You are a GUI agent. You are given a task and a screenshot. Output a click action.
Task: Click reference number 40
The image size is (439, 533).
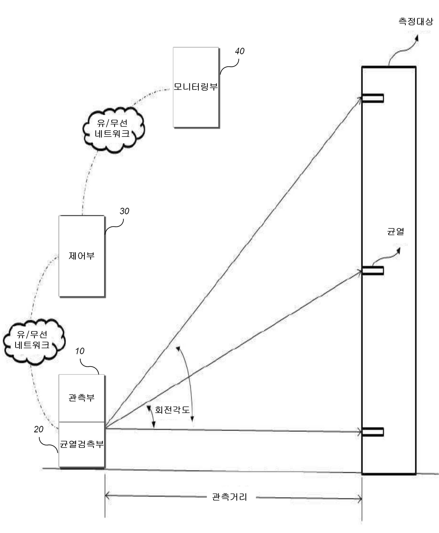click(239, 51)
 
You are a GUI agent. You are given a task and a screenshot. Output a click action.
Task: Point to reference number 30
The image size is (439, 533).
click(124, 211)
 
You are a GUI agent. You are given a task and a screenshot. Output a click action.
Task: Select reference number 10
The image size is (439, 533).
click(80, 351)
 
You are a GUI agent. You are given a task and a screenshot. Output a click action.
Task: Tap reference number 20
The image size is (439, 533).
click(39, 429)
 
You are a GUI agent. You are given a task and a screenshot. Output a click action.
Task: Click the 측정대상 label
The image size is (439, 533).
click(416, 21)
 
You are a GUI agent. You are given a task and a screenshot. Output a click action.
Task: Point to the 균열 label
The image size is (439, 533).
click(396, 232)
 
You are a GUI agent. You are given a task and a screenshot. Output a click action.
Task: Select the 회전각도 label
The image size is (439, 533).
click(172, 410)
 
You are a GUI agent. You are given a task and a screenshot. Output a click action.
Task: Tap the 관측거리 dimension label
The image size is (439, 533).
click(229, 497)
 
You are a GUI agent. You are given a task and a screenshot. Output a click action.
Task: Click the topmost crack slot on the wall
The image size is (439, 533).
click(373, 98)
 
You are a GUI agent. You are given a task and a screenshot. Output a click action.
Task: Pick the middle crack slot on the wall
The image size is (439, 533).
click(373, 271)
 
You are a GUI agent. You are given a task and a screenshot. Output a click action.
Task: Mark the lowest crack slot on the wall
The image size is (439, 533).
click(373, 432)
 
